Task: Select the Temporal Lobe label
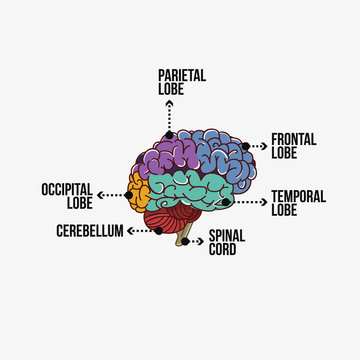pyautogui.click(x=297, y=202)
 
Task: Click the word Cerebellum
pyautogui.click(x=90, y=231)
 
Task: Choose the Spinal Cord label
pyautogui.click(x=222, y=243)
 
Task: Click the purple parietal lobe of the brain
pyautogui.click(x=170, y=155)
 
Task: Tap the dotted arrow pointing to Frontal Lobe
pyautogui.click(x=259, y=147)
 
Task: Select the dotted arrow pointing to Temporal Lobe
pyautogui.click(x=250, y=202)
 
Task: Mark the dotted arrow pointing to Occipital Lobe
pyautogui.click(x=113, y=193)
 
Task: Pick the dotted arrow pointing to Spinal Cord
pyautogui.click(x=197, y=241)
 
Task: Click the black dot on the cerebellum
pyautogui.click(x=157, y=231)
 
